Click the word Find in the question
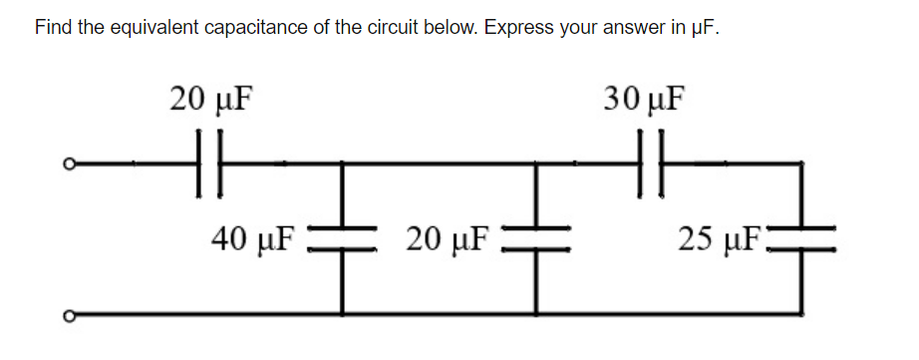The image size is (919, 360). pos(54,27)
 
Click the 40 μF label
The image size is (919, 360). pos(254,238)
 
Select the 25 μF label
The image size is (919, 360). pos(721,238)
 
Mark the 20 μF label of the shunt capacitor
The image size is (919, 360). pos(450,238)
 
